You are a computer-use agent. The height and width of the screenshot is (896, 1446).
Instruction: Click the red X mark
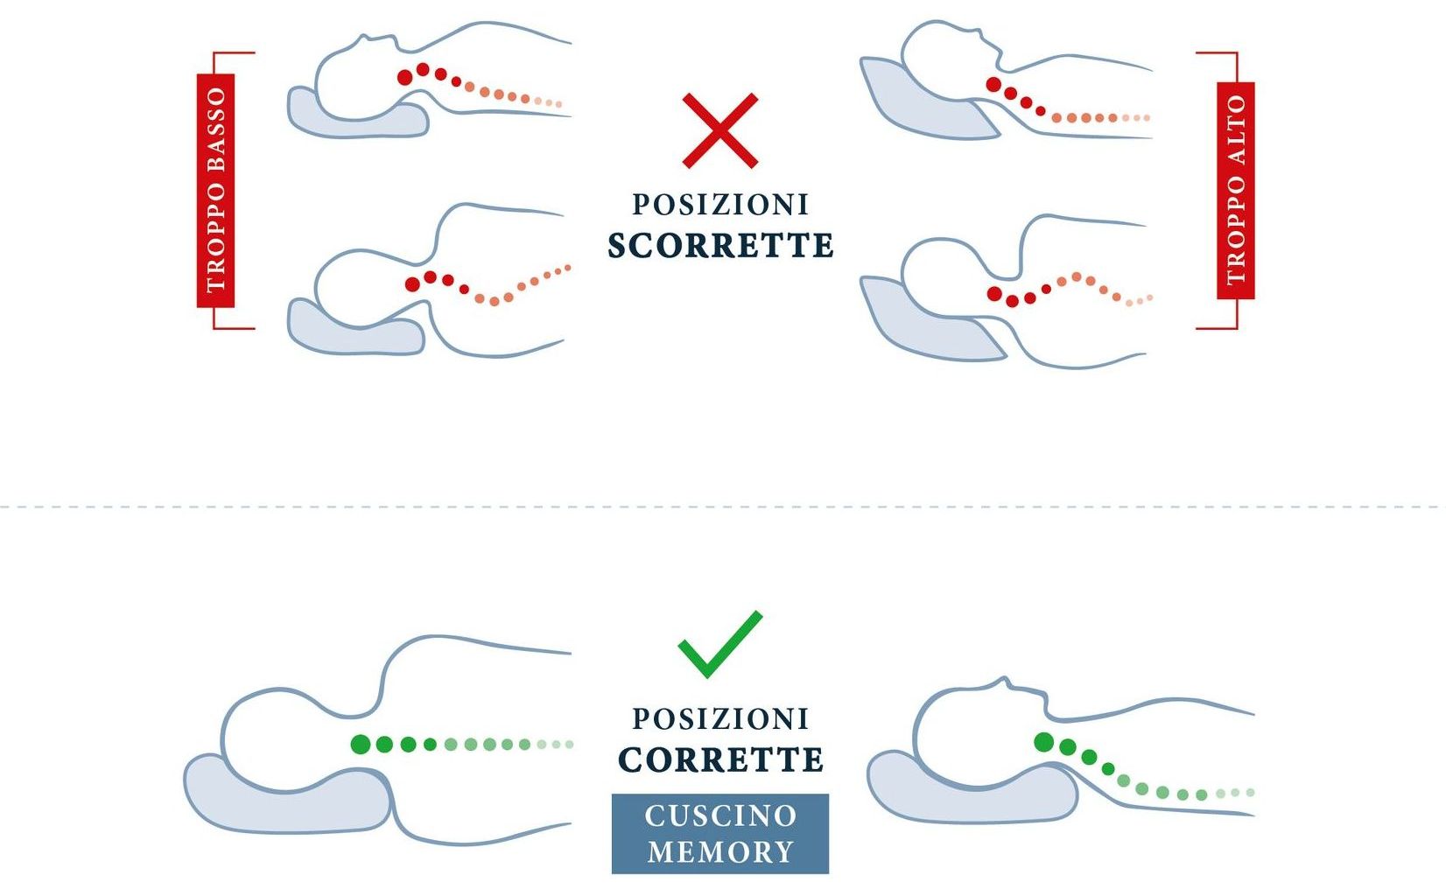[x=719, y=130]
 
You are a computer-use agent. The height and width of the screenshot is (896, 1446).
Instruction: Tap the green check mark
[x=719, y=645]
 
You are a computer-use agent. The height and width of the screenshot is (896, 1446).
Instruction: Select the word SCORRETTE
[x=720, y=245]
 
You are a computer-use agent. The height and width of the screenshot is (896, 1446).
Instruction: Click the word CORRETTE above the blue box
[x=720, y=759]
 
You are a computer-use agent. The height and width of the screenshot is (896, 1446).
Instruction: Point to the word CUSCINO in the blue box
[x=720, y=816]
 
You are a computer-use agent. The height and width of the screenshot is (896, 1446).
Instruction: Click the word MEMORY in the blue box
[x=720, y=852]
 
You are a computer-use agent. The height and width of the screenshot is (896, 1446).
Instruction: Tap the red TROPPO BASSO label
[x=215, y=191]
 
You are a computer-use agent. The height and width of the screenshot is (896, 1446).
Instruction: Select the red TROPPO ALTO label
[x=1236, y=191]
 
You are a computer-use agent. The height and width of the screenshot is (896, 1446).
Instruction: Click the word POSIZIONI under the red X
[x=720, y=205]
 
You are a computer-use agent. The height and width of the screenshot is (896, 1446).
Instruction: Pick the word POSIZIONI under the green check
[x=720, y=719]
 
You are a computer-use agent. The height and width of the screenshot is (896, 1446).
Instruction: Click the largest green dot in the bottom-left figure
[x=361, y=745]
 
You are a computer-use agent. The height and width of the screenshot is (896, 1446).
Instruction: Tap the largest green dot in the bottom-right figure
[x=1044, y=742]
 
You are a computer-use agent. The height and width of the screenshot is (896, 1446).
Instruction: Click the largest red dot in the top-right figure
[x=993, y=85]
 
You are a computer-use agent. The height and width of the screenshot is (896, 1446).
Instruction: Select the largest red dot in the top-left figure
[x=404, y=78]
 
